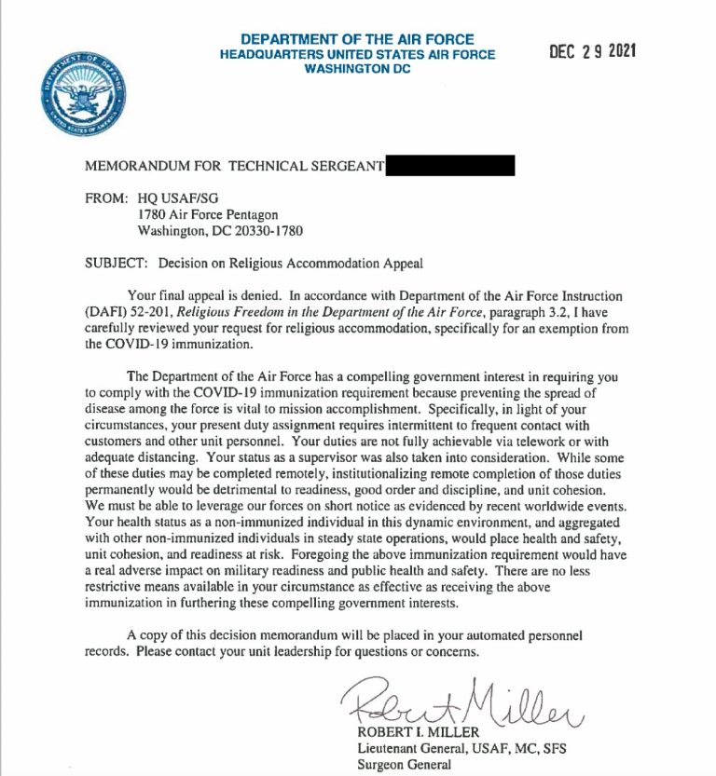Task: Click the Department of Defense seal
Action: click(83, 96)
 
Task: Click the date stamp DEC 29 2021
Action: click(592, 52)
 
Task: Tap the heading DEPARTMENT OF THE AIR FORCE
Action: click(357, 40)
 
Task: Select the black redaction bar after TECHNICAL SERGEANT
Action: click(449, 166)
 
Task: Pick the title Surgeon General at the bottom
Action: click(405, 765)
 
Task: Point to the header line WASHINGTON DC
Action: click(357, 69)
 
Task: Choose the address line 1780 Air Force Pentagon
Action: click(206, 213)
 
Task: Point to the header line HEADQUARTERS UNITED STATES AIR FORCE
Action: click(357, 55)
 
